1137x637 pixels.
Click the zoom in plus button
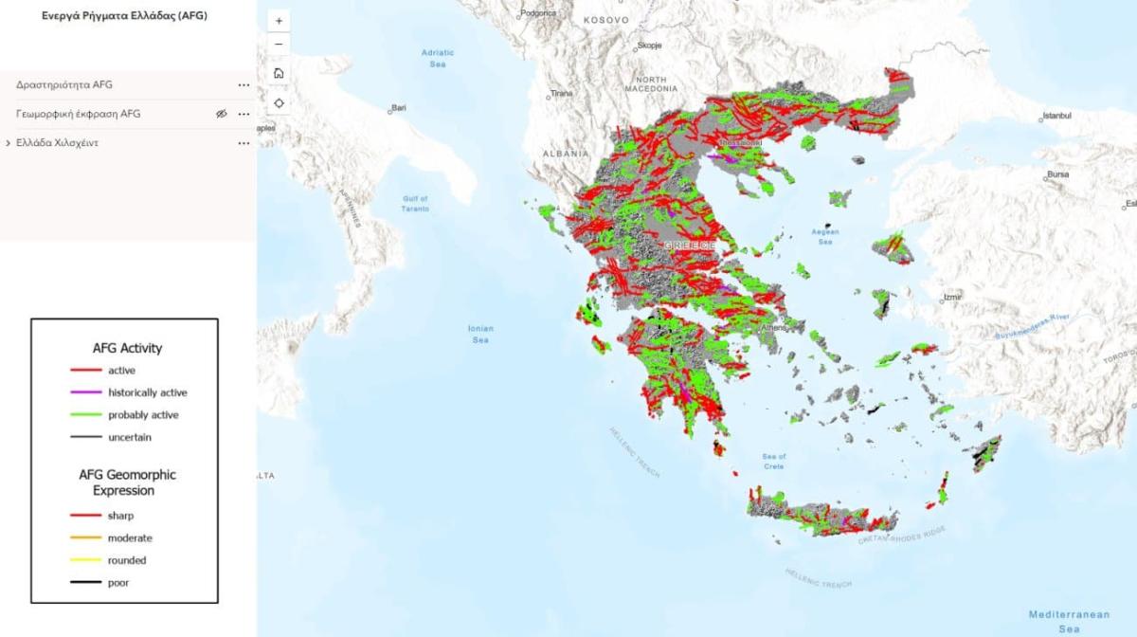[x=279, y=20]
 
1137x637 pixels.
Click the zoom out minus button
[x=279, y=45]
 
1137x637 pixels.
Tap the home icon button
[x=279, y=73]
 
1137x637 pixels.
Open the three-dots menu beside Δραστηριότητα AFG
[x=244, y=85]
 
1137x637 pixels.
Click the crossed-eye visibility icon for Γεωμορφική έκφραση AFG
[x=222, y=114]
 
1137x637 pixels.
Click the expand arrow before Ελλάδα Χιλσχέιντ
[x=8, y=143]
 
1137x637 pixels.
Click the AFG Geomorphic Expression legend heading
[x=127, y=482]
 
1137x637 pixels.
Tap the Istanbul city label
[x=1056, y=116]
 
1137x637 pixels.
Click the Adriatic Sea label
[x=438, y=58]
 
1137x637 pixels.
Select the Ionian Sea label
[x=480, y=334]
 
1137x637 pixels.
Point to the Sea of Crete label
[x=774, y=462]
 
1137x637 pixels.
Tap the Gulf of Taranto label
[x=416, y=203]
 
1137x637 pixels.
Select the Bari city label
[x=399, y=108]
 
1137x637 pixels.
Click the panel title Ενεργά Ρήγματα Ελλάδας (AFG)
[x=124, y=16]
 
